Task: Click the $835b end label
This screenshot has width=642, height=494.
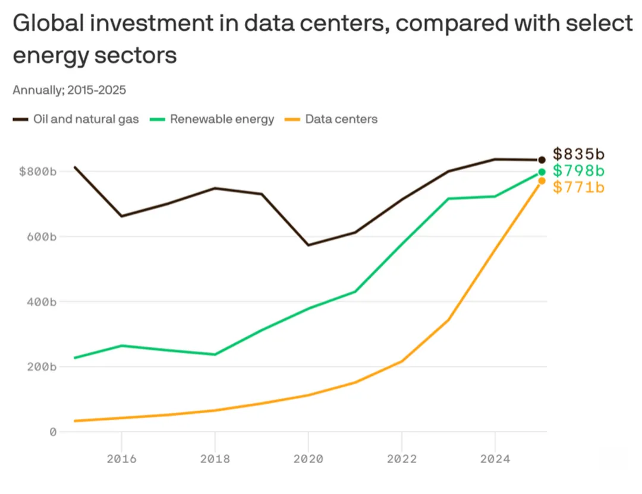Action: pos(578,154)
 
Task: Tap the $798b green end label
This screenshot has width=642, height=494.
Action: pos(578,171)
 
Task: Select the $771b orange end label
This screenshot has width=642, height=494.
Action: pos(578,188)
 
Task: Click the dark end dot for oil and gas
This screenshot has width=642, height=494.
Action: pos(542,160)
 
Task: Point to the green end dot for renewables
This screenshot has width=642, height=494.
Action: pos(542,172)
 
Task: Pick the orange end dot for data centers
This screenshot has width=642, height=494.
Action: pos(542,180)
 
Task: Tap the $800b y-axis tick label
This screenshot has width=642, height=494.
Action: pos(37,172)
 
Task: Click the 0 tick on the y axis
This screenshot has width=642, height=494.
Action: pos(52,432)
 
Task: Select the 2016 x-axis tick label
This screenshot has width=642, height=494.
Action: pos(121,458)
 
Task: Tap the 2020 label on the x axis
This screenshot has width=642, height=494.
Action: pos(308,458)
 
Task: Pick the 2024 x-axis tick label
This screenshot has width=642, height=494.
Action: pos(495,458)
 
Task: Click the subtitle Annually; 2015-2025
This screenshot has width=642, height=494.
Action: pos(69,90)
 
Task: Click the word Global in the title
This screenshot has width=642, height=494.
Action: pos(50,25)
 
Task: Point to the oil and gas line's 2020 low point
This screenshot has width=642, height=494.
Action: pos(308,245)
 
